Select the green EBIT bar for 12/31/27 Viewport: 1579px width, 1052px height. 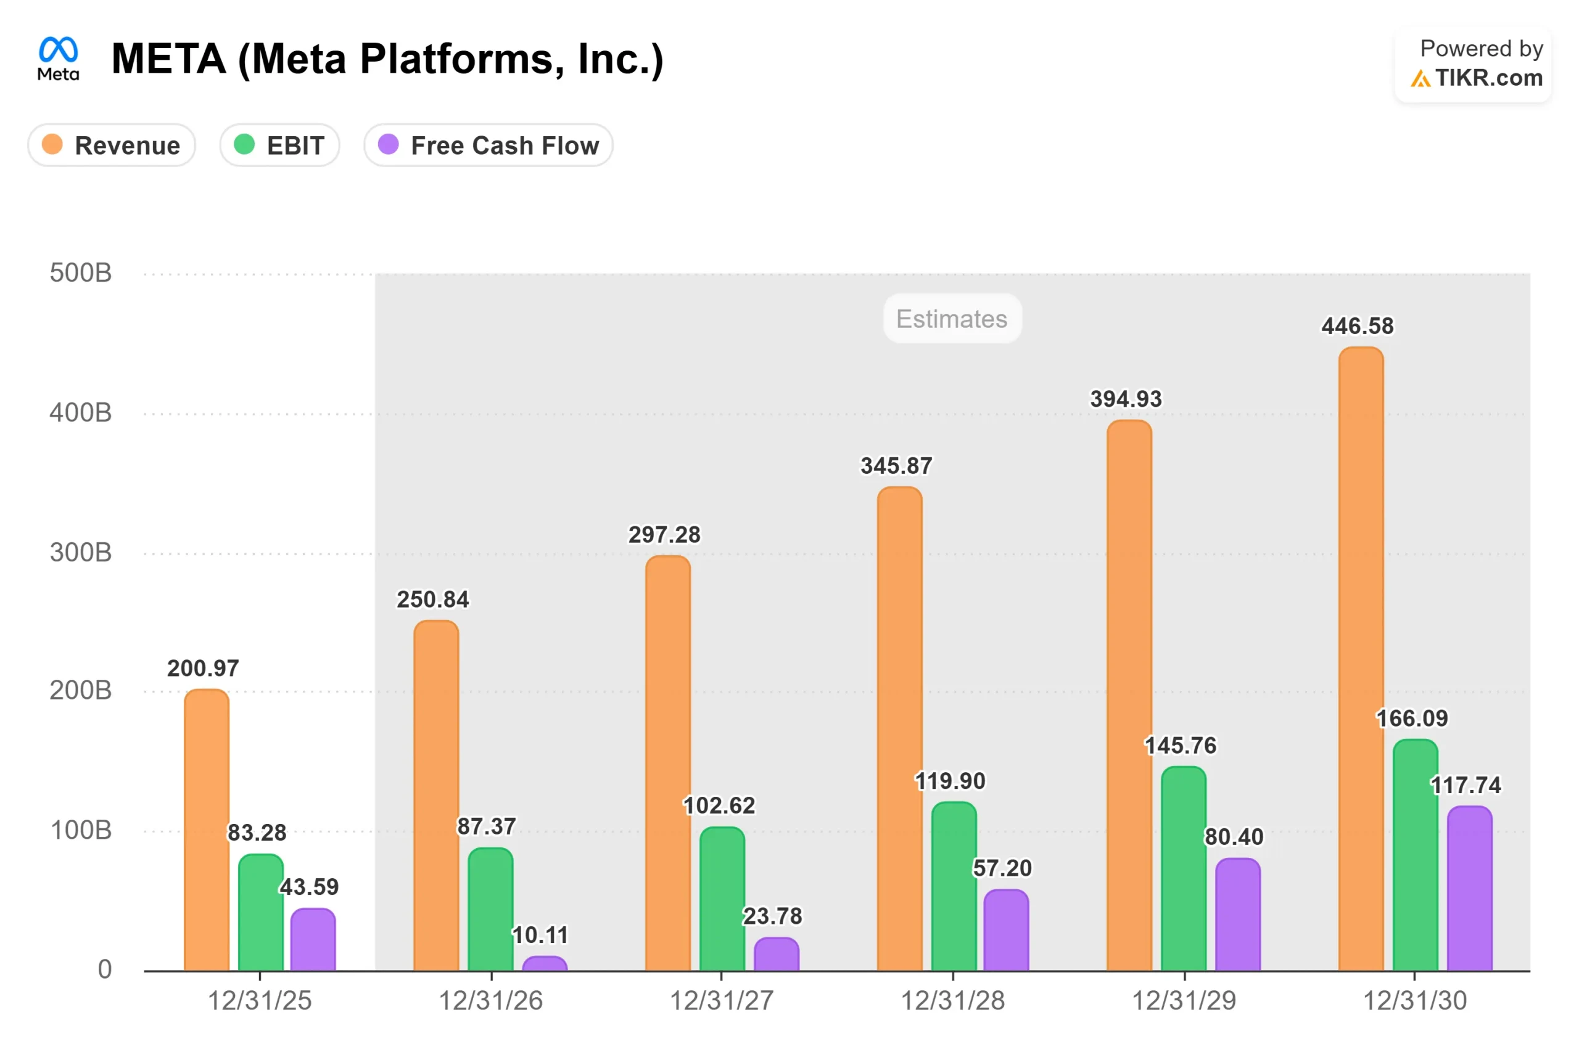point(722,899)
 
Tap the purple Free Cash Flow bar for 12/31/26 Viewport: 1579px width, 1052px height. point(545,964)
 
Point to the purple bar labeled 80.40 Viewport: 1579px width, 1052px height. point(1238,915)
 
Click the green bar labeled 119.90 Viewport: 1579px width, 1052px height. point(954,886)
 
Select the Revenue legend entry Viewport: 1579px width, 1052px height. point(112,145)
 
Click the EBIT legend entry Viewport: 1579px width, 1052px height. point(280,145)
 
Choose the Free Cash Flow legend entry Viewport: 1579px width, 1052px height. point(488,145)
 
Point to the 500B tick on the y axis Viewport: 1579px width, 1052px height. point(81,273)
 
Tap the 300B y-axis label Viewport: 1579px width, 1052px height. point(81,553)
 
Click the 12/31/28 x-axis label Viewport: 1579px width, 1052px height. point(952,1000)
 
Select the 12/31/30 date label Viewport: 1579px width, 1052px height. point(1414,1000)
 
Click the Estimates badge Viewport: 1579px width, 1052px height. point(952,319)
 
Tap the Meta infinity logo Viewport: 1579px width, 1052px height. point(59,51)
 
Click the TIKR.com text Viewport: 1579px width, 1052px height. point(1488,78)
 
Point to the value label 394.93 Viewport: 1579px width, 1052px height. point(1126,399)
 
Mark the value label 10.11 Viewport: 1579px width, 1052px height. point(540,934)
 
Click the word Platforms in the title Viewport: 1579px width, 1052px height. point(456,59)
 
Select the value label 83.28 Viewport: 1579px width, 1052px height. point(257,833)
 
